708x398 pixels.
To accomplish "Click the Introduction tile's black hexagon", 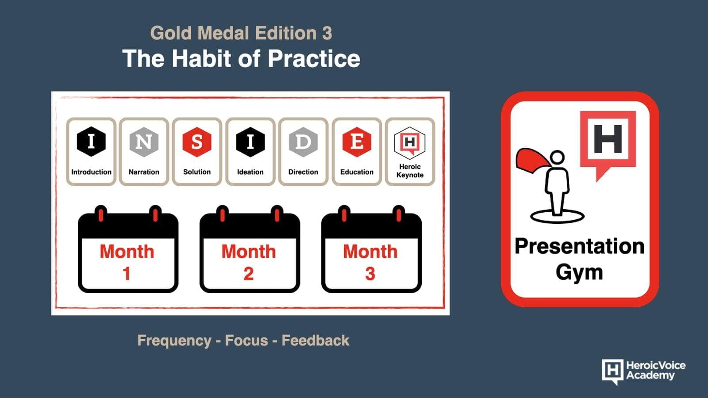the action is coord(91,142).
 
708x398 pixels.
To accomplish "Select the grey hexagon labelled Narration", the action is coord(144,142).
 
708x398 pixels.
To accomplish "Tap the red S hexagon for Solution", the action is coord(196,142).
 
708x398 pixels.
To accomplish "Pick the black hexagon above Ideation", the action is coord(250,142).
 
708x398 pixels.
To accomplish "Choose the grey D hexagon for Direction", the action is coord(303,142).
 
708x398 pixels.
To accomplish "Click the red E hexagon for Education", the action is coord(357,142).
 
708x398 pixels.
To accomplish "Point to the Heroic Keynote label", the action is coord(410,171).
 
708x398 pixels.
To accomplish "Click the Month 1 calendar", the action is coord(128,249).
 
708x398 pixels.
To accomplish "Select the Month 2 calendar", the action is coord(250,249).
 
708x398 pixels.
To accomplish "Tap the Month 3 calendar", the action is coord(371,249).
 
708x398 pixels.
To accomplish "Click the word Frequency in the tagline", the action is coord(174,341).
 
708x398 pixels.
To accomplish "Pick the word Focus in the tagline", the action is coord(246,341).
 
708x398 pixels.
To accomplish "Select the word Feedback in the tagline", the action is coord(316,341).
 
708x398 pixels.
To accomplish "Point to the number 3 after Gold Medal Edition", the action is coord(327,33).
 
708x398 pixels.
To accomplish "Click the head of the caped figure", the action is coord(557,157).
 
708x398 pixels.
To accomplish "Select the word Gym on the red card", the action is coord(579,272).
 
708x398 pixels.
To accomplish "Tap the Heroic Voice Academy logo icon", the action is coord(613,371).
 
